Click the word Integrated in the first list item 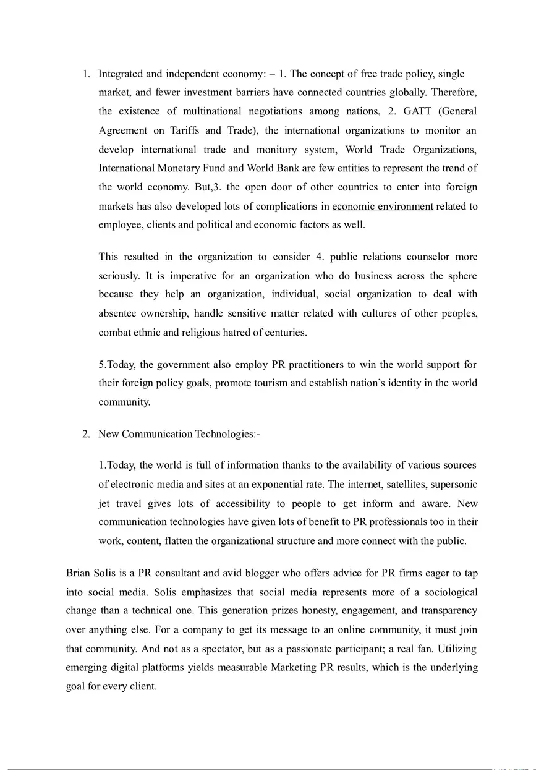(x=121, y=74)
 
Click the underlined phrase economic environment (x=382, y=207)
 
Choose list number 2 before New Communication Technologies (x=87, y=434)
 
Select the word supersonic (x=454, y=484)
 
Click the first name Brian (x=79, y=573)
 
